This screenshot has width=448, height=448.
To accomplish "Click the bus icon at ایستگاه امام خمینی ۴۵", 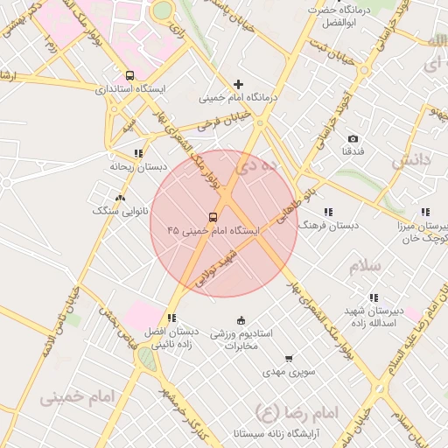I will tap(213, 217).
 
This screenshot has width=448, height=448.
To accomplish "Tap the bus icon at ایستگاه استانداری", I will tap(130, 76).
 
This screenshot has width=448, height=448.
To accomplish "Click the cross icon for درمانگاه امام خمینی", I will tap(238, 85).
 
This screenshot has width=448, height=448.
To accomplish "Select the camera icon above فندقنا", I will tap(353, 139).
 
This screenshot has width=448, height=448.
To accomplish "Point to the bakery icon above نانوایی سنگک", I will tap(120, 198).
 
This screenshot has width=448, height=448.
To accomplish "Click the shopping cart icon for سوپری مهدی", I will tap(289, 359).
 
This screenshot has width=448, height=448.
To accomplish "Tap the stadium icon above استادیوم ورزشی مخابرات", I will tap(241, 320).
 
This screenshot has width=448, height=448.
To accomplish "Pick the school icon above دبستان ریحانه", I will tap(138, 153).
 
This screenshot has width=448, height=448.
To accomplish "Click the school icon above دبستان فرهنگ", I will tap(328, 212).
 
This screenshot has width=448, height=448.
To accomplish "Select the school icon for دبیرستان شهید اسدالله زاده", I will tap(374, 297).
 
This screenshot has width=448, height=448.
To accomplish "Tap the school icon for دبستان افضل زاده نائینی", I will tap(171, 318).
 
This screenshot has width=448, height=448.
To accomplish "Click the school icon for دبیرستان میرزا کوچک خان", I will tap(425, 212).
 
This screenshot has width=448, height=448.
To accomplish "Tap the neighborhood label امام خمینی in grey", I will tap(77, 397).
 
